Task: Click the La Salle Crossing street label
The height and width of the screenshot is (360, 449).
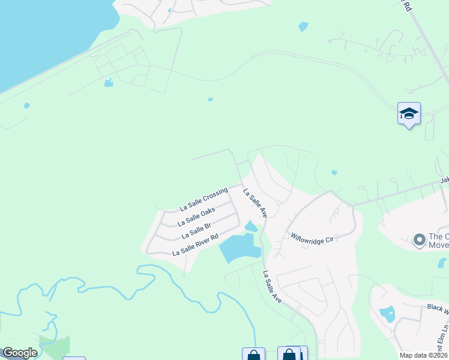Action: point(204,200)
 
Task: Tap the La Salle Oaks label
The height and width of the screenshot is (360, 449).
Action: point(196,217)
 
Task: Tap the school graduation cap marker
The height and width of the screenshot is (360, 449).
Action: point(409,113)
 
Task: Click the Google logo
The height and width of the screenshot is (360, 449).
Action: point(20,353)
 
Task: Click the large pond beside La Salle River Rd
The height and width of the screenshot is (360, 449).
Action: point(240,248)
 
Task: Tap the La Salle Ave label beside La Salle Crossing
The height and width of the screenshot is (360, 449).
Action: point(255,203)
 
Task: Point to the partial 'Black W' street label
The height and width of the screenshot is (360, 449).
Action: point(438,307)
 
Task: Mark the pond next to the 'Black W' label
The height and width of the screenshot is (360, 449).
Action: point(387,313)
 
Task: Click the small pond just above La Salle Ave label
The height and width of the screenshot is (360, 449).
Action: point(251,226)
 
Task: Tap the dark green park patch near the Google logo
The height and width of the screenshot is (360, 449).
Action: point(54,345)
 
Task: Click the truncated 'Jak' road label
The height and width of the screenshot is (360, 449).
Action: point(444,180)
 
